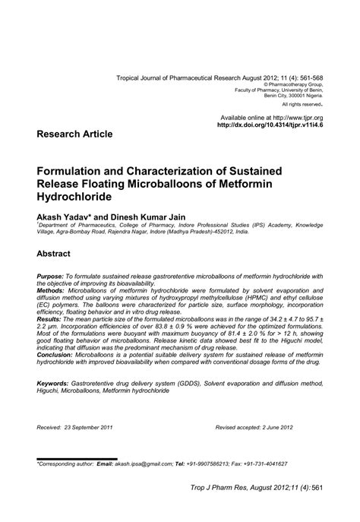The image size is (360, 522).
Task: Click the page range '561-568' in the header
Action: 306,78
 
